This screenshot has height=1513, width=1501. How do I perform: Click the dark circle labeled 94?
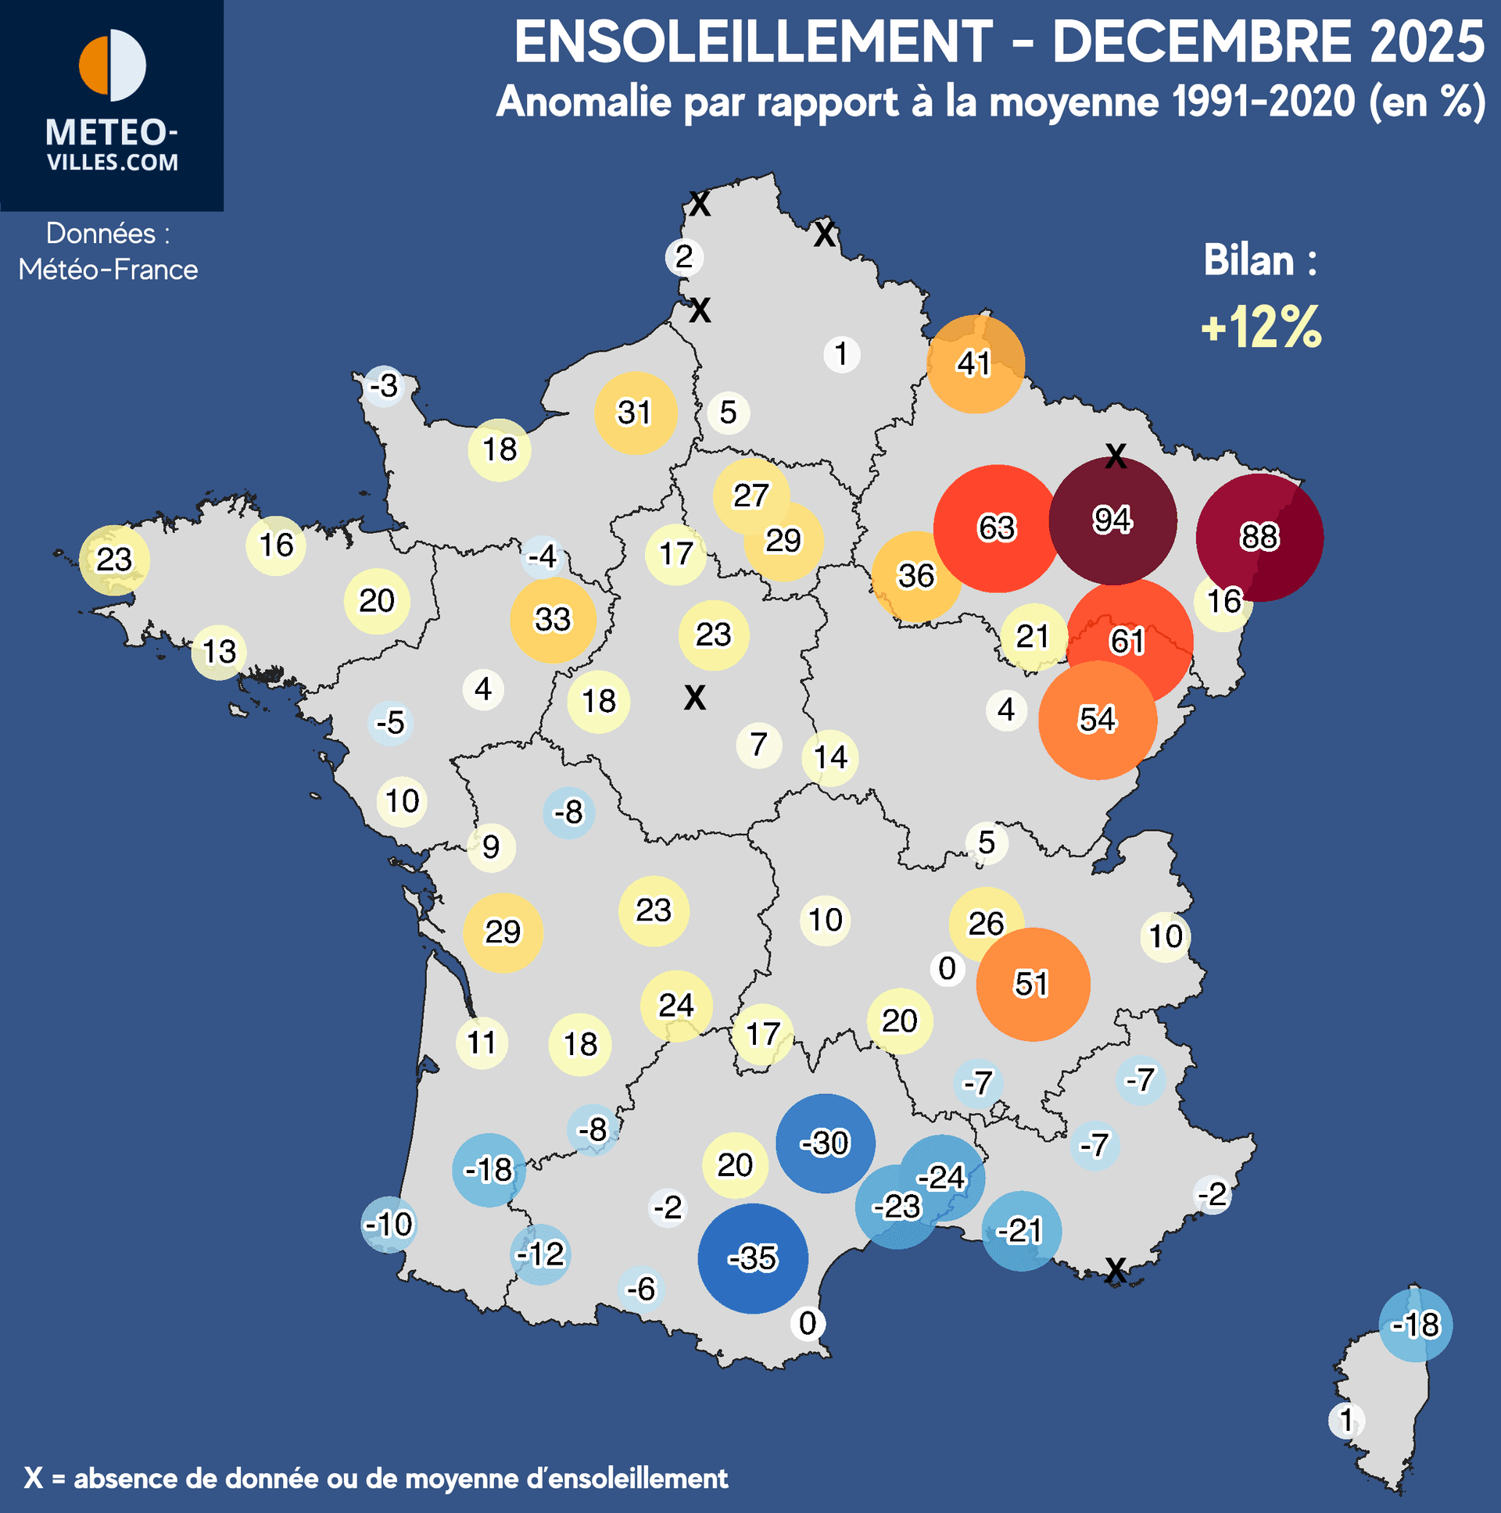1112,520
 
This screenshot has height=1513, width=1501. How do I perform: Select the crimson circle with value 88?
1259,537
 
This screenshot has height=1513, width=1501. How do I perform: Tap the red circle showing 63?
997,528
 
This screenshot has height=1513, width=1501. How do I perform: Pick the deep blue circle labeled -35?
753,1257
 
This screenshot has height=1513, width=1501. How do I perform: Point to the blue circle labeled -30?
825,1143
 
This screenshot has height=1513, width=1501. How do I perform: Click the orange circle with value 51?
1033,984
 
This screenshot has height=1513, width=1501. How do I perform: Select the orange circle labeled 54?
1097,720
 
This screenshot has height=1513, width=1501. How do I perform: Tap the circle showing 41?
975,364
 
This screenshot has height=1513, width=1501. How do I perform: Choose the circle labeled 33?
553,620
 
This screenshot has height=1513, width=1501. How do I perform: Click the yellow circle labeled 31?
635,413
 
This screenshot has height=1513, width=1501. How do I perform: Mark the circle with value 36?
915,577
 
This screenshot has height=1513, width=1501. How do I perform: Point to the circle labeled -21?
1021,1231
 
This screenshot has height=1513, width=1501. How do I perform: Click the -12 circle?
540,1254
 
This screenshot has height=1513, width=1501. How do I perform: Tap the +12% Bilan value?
1261,327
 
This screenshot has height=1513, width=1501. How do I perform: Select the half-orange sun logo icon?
112,66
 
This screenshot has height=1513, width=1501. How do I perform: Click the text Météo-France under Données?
108,270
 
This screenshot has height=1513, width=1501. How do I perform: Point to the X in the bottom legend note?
33,1478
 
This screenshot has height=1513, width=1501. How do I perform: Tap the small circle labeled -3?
384,386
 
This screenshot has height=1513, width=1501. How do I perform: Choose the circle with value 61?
1128,642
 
